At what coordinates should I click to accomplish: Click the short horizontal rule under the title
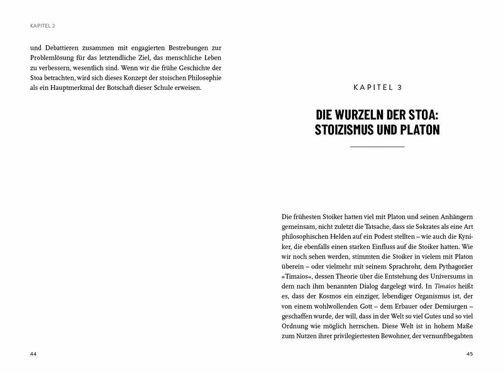pos(377,147)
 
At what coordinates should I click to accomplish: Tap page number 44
pos(34,355)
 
